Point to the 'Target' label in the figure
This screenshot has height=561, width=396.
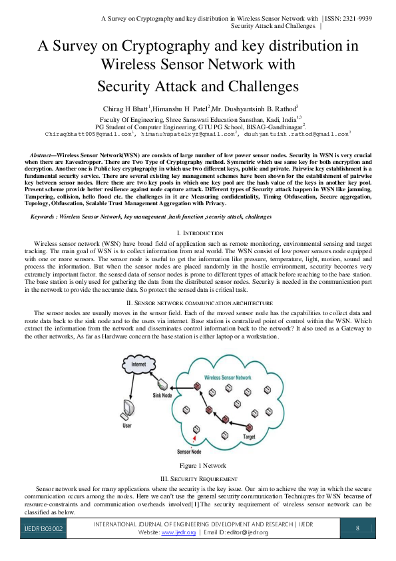(x=250, y=436)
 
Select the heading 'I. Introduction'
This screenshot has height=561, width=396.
(x=198, y=233)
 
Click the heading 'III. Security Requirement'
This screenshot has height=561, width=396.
(x=198, y=479)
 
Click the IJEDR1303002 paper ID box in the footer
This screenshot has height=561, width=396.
(x=44, y=529)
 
